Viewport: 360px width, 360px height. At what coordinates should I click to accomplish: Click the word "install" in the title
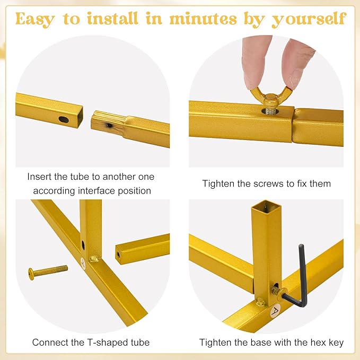(112, 19)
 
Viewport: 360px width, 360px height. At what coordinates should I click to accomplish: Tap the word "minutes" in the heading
(203, 19)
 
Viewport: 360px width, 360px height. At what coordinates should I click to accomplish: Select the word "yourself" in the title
(309, 20)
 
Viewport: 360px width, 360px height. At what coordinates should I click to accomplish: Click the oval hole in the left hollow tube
(64, 119)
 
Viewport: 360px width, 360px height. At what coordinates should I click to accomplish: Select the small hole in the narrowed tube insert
(109, 125)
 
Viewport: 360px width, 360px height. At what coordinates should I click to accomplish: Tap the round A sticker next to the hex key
(276, 311)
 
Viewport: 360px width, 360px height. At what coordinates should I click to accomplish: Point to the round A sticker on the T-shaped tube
(83, 263)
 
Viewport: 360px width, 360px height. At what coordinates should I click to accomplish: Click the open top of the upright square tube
(266, 205)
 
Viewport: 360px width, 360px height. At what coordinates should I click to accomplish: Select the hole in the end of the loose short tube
(118, 254)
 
